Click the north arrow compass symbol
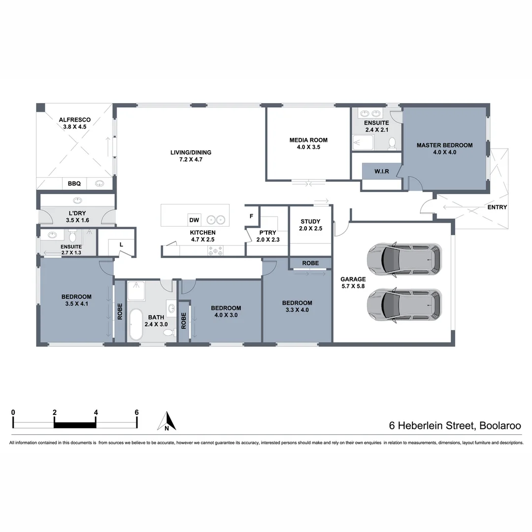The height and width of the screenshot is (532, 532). [167, 422]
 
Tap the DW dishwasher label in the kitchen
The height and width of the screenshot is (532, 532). [194, 220]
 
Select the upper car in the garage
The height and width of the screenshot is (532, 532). [404, 259]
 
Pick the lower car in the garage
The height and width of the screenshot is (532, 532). [404, 304]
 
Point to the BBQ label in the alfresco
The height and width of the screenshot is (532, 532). [74, 184]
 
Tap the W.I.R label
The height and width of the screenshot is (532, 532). [382, 171]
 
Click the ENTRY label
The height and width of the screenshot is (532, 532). [497, 207]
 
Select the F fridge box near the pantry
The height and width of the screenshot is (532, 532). [251, 216]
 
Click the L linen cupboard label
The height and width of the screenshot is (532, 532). [121, 244]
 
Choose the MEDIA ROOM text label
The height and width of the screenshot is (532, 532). [308, 140]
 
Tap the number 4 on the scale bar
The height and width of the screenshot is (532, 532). [96, 413]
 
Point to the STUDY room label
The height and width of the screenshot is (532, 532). [310, 222]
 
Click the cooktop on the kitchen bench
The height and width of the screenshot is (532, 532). [216, 251]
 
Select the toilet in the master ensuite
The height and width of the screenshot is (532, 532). [392, 143]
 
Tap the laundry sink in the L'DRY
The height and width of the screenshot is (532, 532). [77, 200]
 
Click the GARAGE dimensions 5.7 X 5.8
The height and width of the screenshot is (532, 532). [353, 286]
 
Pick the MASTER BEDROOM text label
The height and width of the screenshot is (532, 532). [444, 145]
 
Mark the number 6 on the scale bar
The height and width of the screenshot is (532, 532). [137, 413]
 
